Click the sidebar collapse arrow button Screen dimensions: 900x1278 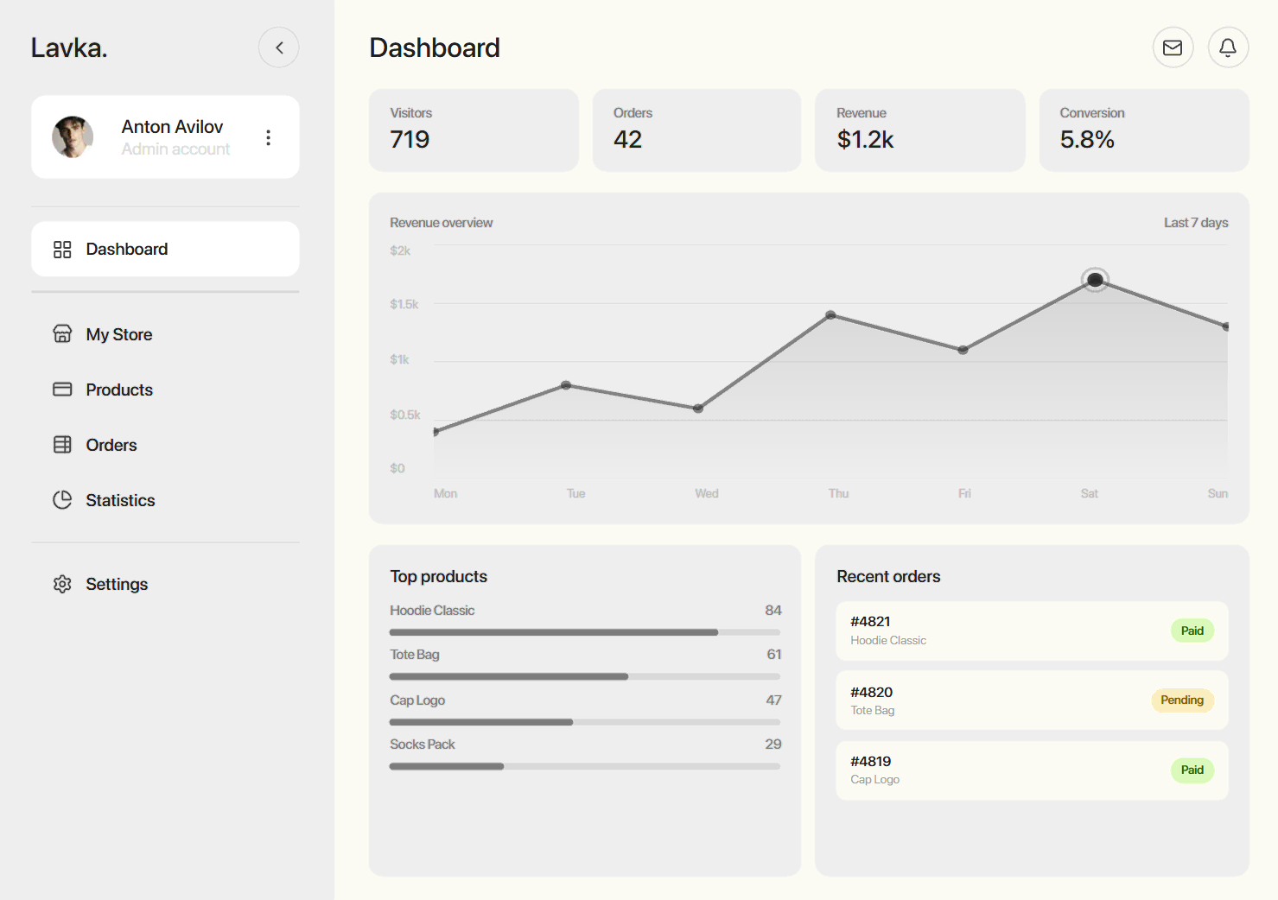(278, 48)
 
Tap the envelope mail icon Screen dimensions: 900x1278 (1173, 48)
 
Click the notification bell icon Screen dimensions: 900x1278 (1228, 48)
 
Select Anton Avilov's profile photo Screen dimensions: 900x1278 (73, 137)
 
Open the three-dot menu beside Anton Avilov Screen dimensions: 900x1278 (269, 137)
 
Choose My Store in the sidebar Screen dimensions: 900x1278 (118, 334)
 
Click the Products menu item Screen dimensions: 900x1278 (118, 390)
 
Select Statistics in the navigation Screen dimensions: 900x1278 (120, 500)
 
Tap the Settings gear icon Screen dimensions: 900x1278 (62, 584)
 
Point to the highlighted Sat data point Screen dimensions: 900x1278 (1095, 280)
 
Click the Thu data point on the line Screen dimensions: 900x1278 (830, 315)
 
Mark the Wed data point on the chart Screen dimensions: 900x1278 (698, 409)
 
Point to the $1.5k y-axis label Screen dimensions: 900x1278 (404, 304)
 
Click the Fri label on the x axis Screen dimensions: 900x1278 (964, 493)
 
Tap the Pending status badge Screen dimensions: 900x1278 (1182, 700)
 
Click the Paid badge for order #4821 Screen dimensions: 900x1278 (1192, 631)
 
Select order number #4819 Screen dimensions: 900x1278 (870, 761)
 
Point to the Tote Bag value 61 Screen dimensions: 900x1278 (774, 655)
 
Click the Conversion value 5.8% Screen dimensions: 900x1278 (1087, 139)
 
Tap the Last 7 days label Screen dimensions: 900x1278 (1196, 223)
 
